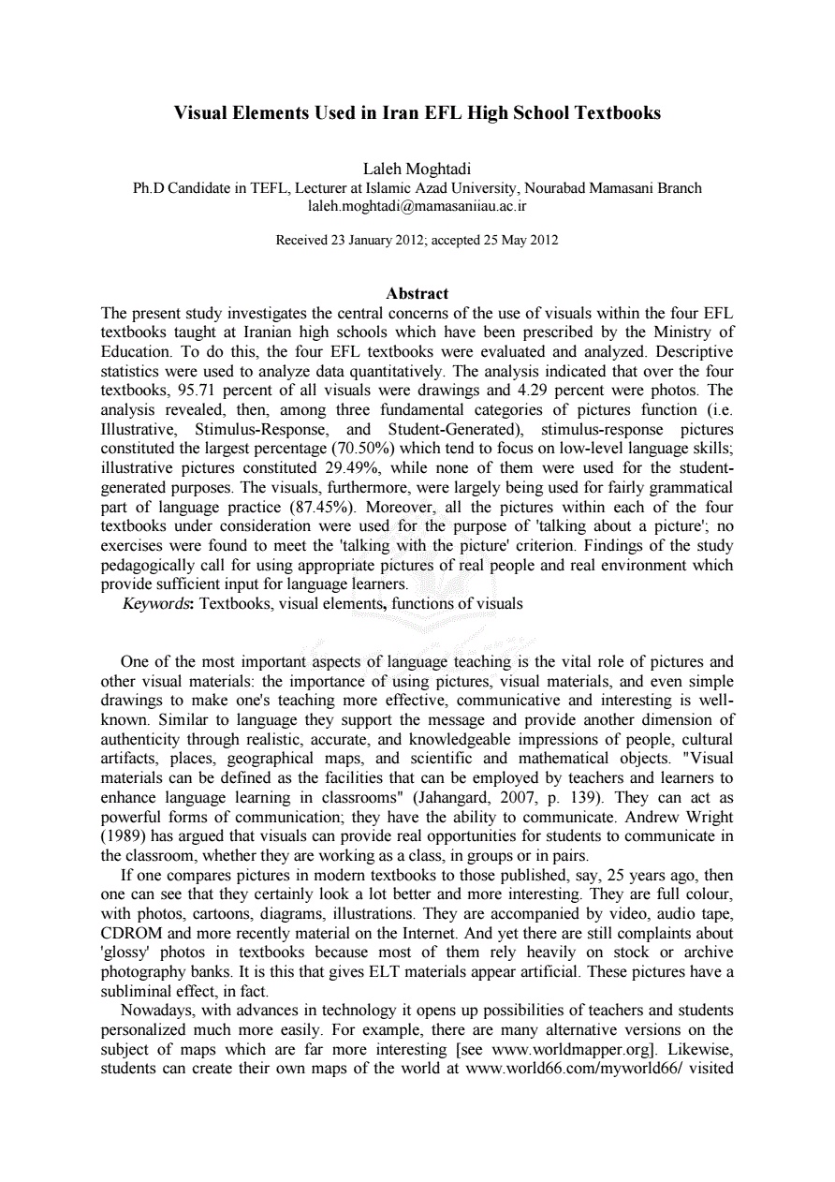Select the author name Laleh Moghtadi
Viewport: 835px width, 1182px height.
(417, 170)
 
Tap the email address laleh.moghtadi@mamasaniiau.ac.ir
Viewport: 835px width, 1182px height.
(417, 205)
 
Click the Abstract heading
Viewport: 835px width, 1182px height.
(417, 293)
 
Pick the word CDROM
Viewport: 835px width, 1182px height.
(130, 934)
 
